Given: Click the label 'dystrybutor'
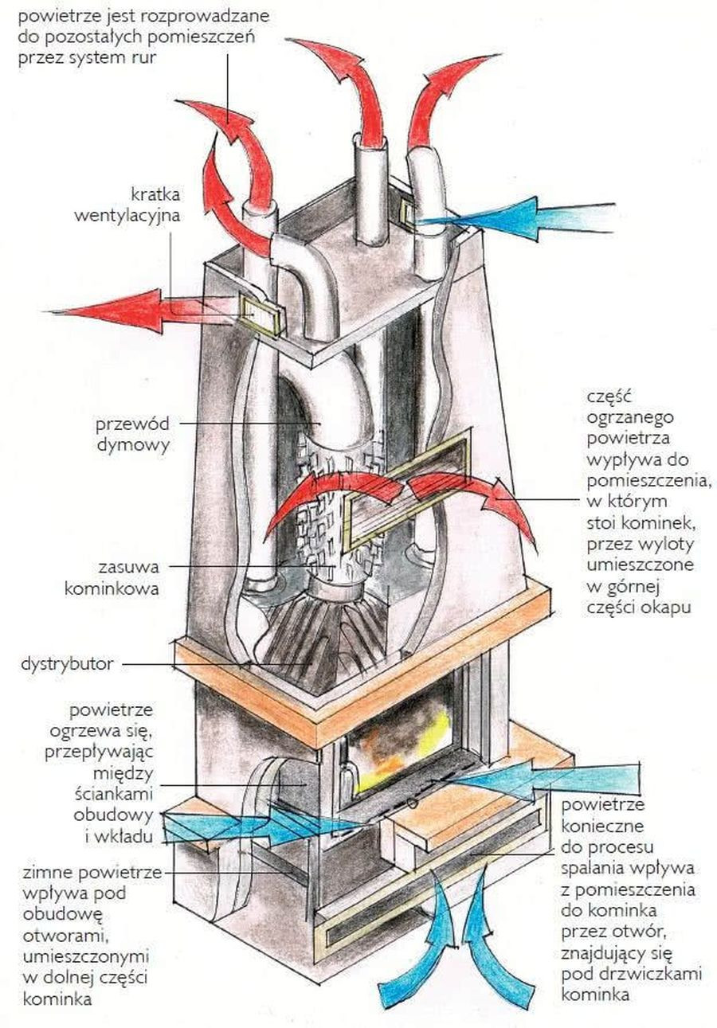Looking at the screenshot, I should tap(67, 663).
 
